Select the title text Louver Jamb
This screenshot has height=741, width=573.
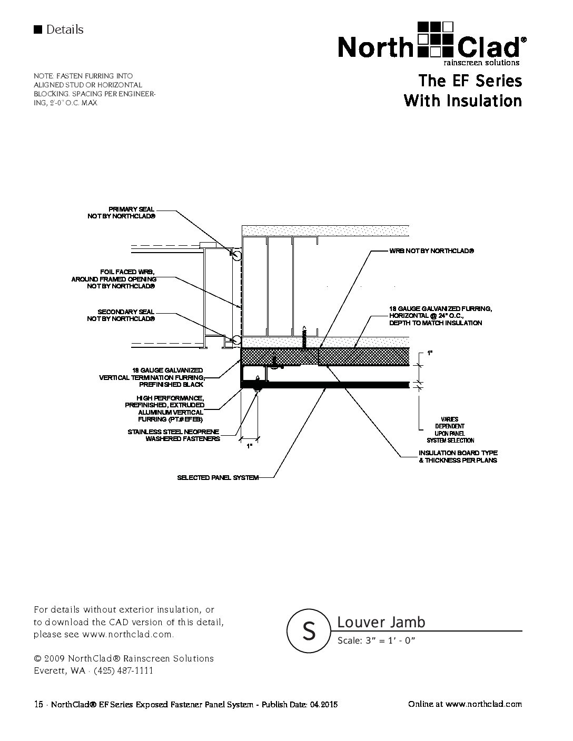click(x=381, y=622)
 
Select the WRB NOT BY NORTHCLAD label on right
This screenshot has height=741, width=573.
click(x=431, y=252)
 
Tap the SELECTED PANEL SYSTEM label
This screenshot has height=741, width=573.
click(x=218, y=477)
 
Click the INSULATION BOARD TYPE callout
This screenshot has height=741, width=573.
click(x=458, y=456)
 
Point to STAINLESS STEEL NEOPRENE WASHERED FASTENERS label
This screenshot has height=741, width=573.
click(x=174, y=435)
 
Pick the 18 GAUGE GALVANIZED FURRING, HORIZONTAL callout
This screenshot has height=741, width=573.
click(x=440, y=315)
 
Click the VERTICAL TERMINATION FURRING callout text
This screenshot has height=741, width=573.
click(x=152, y=377)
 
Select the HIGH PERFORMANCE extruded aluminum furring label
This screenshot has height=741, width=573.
click(x=164, y=408)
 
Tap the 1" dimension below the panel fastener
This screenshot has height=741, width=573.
click(x=250, y=445)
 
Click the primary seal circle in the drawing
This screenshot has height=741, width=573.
click(x=236, y=255)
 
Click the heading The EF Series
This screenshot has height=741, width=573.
click(x=470, y=81)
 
